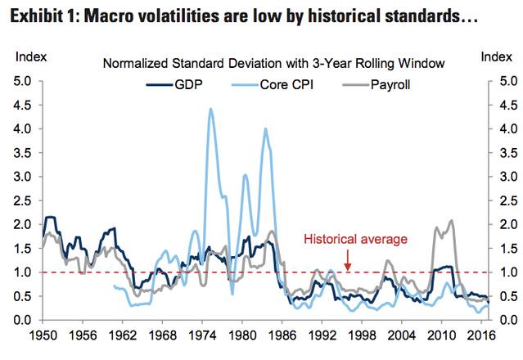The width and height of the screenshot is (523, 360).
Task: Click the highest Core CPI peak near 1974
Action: pos(211,109)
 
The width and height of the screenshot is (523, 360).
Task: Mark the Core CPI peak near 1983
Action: pos(265,128)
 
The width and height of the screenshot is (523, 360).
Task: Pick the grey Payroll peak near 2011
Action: pos(451,222)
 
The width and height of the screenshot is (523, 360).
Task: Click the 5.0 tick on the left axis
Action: pos(22,81)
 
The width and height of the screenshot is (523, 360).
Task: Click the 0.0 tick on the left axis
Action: pos(22,319)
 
